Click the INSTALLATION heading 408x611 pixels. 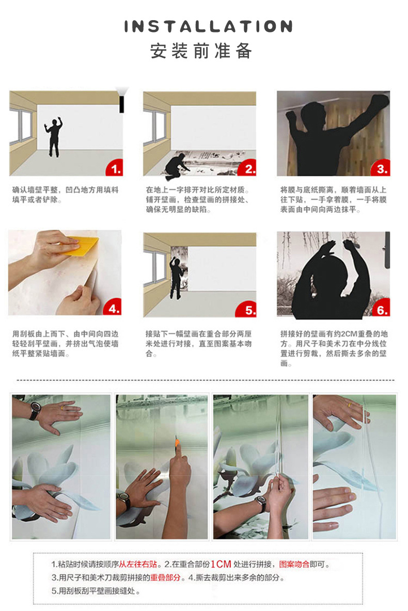click(x=208, y=27)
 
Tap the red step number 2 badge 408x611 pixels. click(x=249, y=168)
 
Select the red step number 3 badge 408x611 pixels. click(x=382, y=168)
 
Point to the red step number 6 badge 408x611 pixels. click(x=382, y=309)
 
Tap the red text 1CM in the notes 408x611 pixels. click(x=221, y=565)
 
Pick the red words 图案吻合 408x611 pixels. click(x=294, y=565)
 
